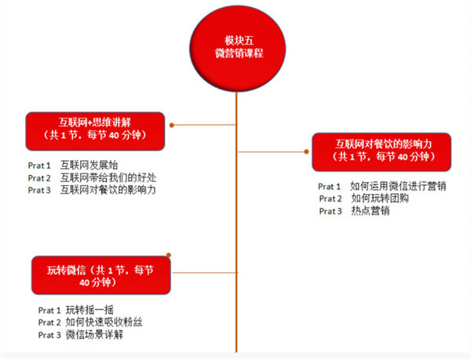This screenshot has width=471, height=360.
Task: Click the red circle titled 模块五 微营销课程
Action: [237, 49]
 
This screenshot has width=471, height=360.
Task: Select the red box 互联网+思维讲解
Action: [95, 132]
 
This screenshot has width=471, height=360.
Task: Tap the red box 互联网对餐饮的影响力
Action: [382, 152]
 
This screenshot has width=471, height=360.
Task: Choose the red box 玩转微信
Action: [101, 275]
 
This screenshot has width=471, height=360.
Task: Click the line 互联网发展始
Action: [89, 165]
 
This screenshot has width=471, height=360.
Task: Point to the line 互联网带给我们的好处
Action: [108, 177]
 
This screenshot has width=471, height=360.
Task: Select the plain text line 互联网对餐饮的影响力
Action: [108, 190]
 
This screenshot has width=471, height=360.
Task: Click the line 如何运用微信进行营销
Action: [398, 186]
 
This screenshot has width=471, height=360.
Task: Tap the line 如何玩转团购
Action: [380, 198]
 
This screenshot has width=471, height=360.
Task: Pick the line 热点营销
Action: [371, 211]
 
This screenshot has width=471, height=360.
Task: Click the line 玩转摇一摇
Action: [89, 310]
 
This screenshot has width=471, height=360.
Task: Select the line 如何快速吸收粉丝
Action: [104, 322]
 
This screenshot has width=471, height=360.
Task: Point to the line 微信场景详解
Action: [94, 334]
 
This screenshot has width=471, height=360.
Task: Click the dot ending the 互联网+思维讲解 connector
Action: [172, 125]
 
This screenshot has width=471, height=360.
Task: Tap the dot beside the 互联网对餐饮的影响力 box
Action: [306, 152]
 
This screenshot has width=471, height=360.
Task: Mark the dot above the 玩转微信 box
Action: [169, 255]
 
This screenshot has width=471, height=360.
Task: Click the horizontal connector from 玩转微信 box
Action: [205, 273]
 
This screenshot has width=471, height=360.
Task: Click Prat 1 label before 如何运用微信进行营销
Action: [329, 187]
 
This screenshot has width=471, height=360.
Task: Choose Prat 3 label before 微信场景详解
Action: [49, 335]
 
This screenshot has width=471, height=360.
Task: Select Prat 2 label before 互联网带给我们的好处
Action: [39, 178]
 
